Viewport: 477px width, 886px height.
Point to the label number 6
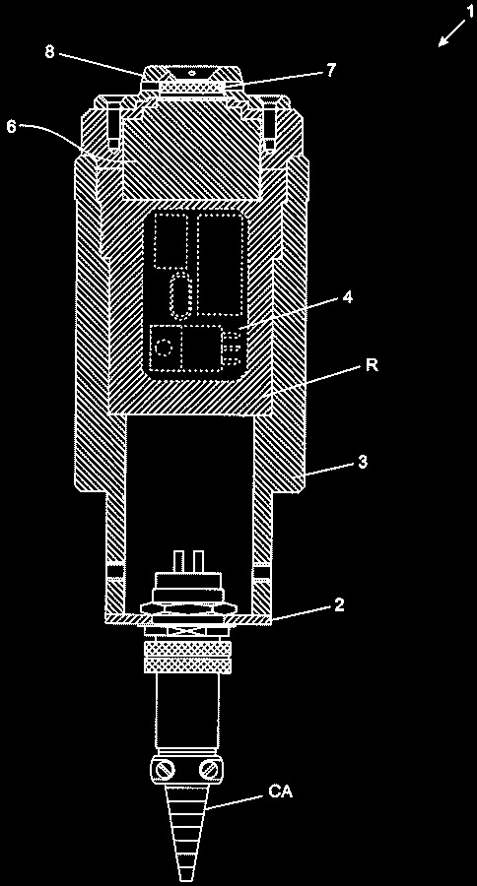pyautogui.click(x=11, y=126)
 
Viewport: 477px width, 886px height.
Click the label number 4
pyautogui.click(x=349, y=297)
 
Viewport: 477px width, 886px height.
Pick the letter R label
pyautogui.click(x=372, y=365)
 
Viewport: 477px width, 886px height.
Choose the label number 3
pyautogui.click(x=364, y=462)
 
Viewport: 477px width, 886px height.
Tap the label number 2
pyautogui.click(x=339, y=605)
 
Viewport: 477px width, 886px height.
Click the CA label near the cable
pyautogui.click(x=280, y=792)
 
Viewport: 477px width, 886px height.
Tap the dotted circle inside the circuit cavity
pyautogui.click(x=165, y=347)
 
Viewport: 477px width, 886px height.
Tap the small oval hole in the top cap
pyautogui.click(x=191, y=74)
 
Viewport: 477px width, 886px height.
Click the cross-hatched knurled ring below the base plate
pyautogui.click(x=188, y=658)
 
